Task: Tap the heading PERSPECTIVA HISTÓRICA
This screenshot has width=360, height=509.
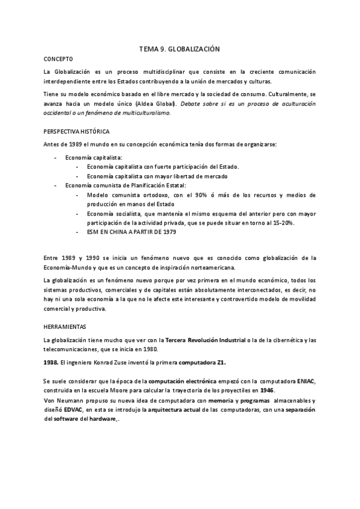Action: (x=76, y=131)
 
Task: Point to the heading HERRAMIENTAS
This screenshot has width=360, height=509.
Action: (x=65, y=327)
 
